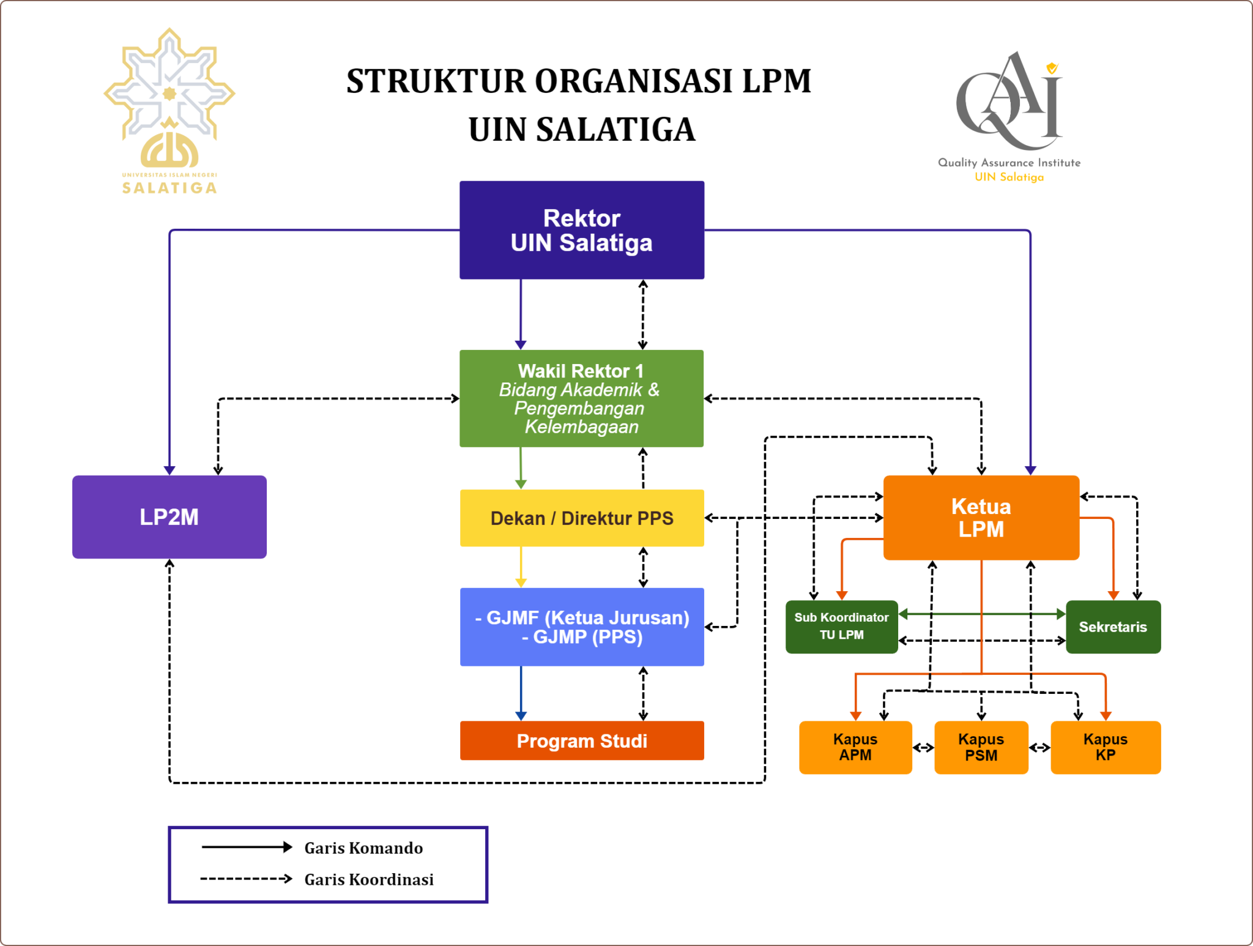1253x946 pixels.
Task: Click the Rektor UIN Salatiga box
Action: click(x=581, y=230)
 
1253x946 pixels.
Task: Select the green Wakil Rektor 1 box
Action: click(x=581, y=398)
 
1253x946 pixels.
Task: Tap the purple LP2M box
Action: click(x=169, y=517)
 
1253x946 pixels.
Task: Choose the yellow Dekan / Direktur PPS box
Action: click(x=581, y=518)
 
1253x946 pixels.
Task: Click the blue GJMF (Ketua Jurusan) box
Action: click(x=581, y=627)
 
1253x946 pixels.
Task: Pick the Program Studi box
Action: click(x=581, y=741)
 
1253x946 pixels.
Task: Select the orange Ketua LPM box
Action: click(x=981, y=518)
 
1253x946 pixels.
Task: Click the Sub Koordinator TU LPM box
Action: click(x=841, y=627)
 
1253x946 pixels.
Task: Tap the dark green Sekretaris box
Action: click(x=1112, y=627)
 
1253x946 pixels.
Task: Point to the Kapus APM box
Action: click(x=855, y=747)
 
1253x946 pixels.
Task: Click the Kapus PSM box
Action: click(x=981, y=747)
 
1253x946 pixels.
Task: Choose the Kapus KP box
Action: click(x=1105, y=747)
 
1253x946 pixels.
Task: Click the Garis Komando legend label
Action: click(x=363, y=848)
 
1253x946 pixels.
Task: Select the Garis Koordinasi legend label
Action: click(x=368, y=879)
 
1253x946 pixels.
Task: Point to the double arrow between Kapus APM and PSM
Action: click(x=923, y=748)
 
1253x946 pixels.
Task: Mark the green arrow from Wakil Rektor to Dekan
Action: click(x=521, y=468)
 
